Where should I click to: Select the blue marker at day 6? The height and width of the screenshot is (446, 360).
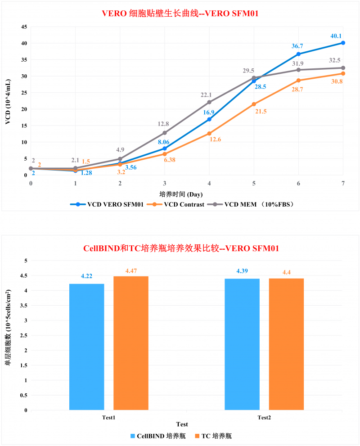(x=299, y=54)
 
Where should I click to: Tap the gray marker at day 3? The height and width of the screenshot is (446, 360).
(x=165, y=133)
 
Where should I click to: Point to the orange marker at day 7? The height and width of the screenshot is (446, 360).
(x=343, y=73)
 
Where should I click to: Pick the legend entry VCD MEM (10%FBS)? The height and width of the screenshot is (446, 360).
(x=252, y=204)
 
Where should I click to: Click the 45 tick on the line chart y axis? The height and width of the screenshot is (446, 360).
(x=23, y=27)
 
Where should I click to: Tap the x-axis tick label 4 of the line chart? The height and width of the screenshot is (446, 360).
(x=209, y=184)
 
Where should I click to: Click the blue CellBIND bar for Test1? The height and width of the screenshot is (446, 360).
(x=86, y=347)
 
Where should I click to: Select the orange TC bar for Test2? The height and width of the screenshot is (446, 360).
(x=286, y=344)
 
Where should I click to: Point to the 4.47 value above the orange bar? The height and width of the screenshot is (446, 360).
(x=130, y=270)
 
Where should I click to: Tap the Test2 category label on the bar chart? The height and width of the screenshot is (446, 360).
(x=264, y=417)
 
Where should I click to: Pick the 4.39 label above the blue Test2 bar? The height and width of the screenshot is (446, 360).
(x=242, y=271)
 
